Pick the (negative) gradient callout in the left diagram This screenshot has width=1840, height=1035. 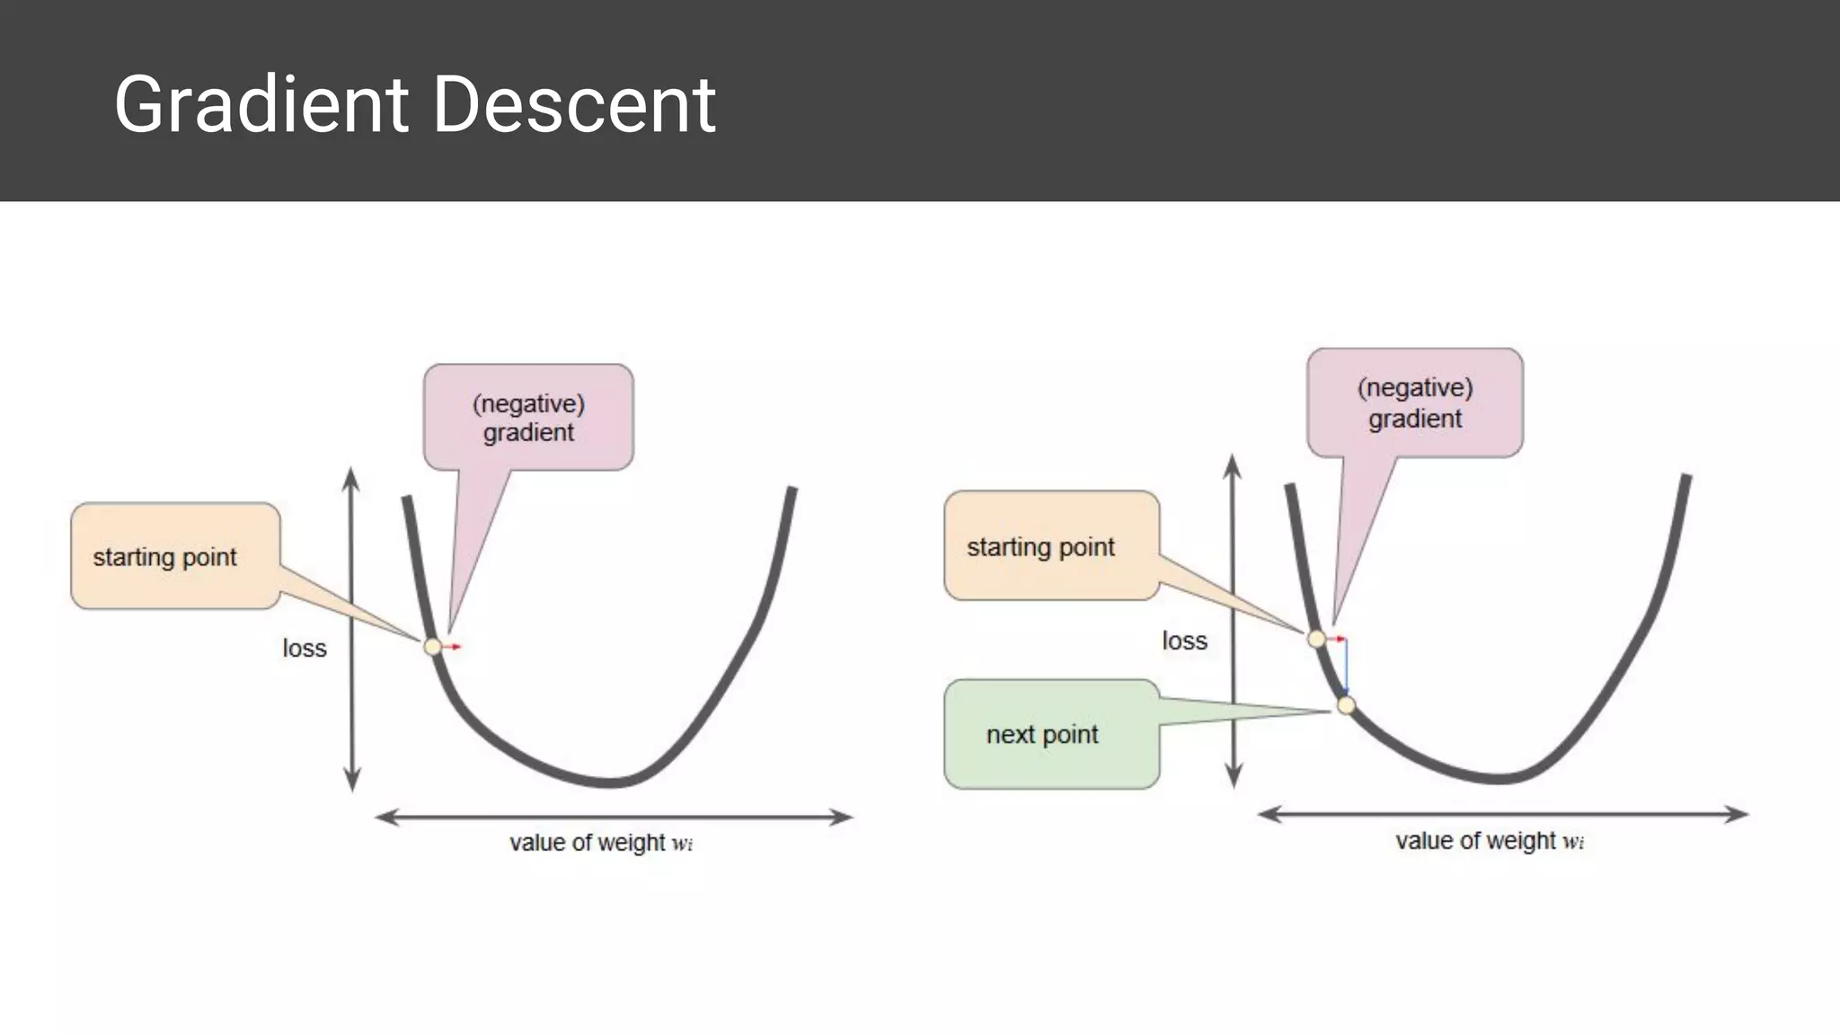pyautogui.click(x=528, y=418)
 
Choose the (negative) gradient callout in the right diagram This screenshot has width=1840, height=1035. pyautogui.click(x=1414, y=403)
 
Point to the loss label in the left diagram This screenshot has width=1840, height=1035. pyautogui.click(x=305, y=649)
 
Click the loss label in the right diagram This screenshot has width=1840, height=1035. pyautogui.click(x=1184, y=641)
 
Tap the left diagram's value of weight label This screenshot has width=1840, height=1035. pyautogui.click(x=600, y=843)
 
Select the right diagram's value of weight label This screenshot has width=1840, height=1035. pyautogui.click(x=1489, y=841)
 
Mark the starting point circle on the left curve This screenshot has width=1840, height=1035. pyautogui.click(x=433, y=646)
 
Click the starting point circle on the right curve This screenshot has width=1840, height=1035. pyautogui.click(x=1316, y=639)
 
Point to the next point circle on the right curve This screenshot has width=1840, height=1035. pyautogui.click(x=1345, y=705)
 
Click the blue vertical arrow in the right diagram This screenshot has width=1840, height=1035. pyautogui.click(x=1346, y=667)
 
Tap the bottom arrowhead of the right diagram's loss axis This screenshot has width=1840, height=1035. pyautogui.click(x=1234, y=778)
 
